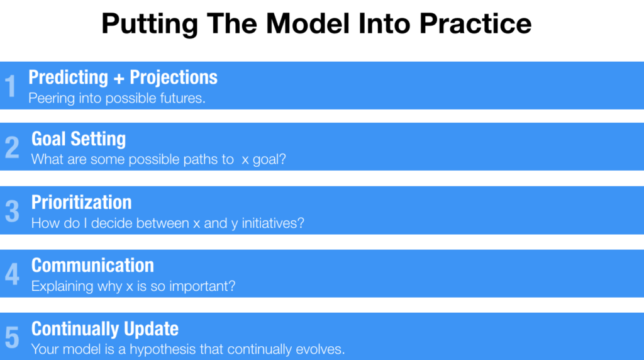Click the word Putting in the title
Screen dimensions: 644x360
point(150,25)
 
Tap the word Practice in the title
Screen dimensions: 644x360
point(475,23)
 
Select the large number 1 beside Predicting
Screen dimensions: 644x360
point(10,86)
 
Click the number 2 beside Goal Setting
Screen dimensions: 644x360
point(12,147)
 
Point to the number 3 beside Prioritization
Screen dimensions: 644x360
point(12,211)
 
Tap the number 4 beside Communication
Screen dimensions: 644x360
point(12,274)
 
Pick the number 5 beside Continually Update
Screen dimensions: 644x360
point(12,337)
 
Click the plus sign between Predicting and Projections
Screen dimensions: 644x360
point(119,79)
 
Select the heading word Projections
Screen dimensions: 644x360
point(174,78)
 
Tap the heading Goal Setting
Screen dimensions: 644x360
point(79,139)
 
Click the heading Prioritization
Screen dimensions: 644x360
point(82,202)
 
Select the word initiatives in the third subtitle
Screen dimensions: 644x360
point(273,223)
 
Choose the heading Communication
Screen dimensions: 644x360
point(93,266)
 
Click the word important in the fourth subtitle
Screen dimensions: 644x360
point(203,286)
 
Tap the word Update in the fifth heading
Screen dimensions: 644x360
point(151,329)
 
